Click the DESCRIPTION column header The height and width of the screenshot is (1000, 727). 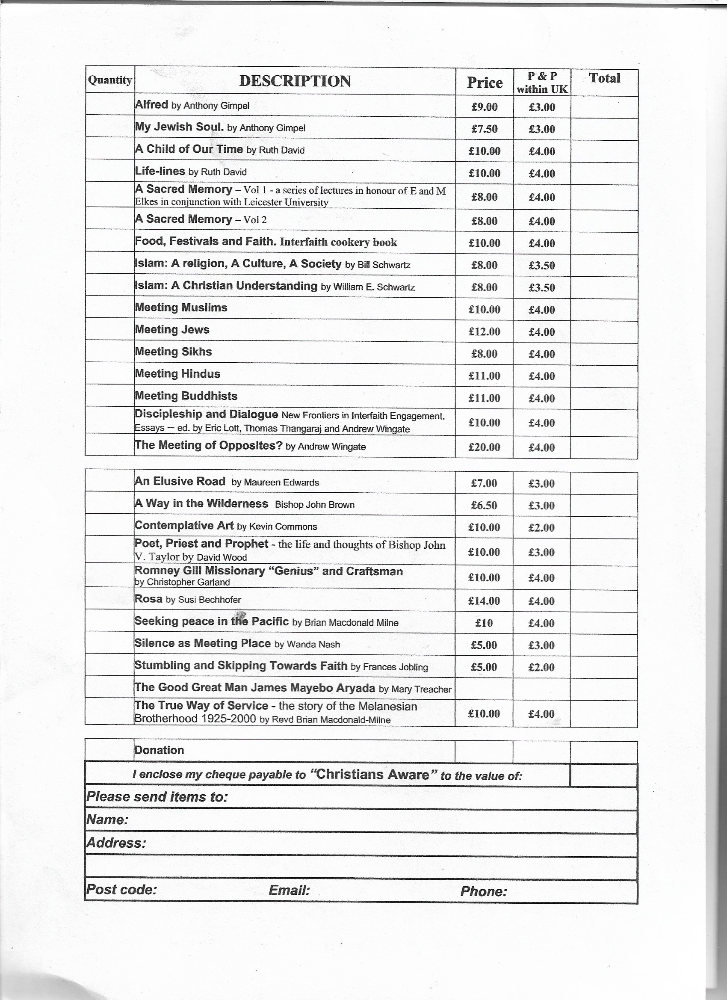coord(295,81)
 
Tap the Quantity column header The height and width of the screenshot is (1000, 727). coord(110,80)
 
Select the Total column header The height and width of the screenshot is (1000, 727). coord(604,78)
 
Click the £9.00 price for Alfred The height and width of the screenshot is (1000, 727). coord(484,106)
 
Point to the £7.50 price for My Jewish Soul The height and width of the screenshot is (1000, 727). coord(484,129)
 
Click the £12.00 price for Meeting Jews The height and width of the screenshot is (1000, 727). coord(484,331)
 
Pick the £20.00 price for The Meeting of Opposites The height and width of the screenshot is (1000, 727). coord(484,447)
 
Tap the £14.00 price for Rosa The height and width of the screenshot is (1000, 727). coord(484,601)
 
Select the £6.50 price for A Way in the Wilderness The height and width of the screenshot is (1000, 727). coord(484,505)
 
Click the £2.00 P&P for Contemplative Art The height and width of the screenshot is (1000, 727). coord(541,527)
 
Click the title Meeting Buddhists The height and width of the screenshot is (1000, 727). coord(186,396)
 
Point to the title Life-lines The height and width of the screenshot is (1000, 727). coord(160,171)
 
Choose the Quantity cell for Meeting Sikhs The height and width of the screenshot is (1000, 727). coord(110,352)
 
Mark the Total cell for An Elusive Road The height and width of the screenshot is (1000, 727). coord(603,483)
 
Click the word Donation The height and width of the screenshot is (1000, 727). coord(159,750)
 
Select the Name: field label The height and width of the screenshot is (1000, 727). coord(107,820)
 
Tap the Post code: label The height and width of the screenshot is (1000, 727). coord(121,889)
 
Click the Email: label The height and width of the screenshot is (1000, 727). coord(289,890)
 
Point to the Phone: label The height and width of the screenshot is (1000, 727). coord(484,891)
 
